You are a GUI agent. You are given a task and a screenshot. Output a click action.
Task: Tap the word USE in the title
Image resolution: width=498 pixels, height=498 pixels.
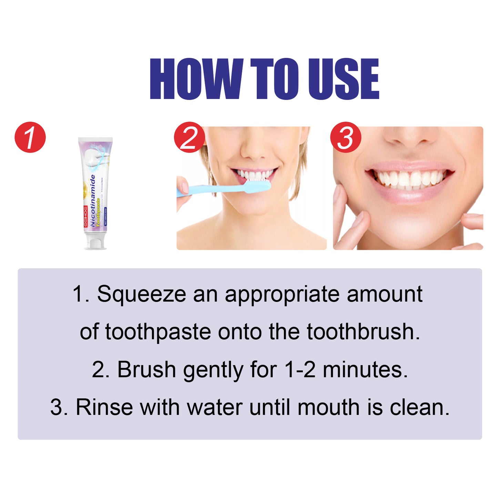point(343,79)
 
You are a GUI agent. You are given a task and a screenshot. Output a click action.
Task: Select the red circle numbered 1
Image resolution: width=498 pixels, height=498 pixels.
point(30,137)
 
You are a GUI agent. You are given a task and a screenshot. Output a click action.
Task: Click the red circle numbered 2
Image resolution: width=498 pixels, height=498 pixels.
point(189,137)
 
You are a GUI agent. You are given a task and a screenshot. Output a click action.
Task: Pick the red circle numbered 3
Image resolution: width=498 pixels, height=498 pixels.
point(345,137)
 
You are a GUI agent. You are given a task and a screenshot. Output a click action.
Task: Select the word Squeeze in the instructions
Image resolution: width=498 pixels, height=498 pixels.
point(142,294)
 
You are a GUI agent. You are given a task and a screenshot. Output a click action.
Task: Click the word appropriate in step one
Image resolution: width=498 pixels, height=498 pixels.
point(282,294)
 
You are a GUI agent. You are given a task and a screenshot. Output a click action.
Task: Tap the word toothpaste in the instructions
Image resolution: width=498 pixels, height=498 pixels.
point(158,332)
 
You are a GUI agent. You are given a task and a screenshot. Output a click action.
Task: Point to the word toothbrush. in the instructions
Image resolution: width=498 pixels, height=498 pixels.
point(363,332)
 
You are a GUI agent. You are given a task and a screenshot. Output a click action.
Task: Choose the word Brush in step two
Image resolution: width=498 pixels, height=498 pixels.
point(146,369)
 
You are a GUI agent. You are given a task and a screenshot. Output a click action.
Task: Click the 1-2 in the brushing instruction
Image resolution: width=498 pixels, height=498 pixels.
point(300,369)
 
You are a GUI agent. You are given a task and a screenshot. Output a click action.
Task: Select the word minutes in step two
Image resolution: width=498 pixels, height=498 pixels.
point(365,369)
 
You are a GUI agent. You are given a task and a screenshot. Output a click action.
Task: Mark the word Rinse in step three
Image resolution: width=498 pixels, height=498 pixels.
point(104,407)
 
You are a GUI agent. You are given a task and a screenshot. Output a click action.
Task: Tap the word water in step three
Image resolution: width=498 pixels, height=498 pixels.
point(215,407)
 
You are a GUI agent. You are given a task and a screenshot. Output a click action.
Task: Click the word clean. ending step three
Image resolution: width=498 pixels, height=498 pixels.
point(419,407)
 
